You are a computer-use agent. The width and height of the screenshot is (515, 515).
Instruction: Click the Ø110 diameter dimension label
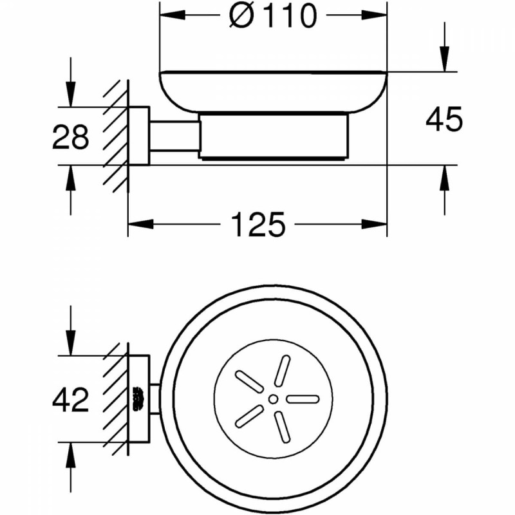[x=273, y=16]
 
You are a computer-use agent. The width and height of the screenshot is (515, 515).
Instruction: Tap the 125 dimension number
[x=258, y=224]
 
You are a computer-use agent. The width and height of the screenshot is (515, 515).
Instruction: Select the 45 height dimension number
[x=444, y=119]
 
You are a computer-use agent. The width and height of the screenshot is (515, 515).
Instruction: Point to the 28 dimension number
[x=71, y=136]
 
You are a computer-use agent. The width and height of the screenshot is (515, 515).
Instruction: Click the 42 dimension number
[x=71, y=399]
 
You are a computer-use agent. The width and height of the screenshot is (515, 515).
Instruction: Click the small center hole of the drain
[x=273, y=399]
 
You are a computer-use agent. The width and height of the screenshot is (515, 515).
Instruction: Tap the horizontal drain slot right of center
[x=303, y=399]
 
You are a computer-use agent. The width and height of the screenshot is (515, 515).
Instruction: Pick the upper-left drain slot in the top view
[x=249, y=382]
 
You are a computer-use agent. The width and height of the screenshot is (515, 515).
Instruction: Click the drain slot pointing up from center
[x=283, y=371]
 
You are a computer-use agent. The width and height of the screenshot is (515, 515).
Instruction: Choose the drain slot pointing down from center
[x=283, y=427]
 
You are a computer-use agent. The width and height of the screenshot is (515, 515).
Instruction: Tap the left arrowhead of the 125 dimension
[x=140, y=224]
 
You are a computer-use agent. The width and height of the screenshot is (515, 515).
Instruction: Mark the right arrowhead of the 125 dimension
[x=375, y=224]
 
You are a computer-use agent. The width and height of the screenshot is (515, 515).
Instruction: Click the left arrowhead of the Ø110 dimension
[x=173, y=15]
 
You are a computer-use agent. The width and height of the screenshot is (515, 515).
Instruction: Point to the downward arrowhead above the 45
[x=444, y=59]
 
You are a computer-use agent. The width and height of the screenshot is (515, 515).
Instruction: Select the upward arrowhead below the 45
[x=444, y=178]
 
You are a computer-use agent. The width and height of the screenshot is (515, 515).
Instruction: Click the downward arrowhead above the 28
[x=71, y=94]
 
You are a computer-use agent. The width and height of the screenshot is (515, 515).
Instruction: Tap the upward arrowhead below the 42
[x=71, y=455]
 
